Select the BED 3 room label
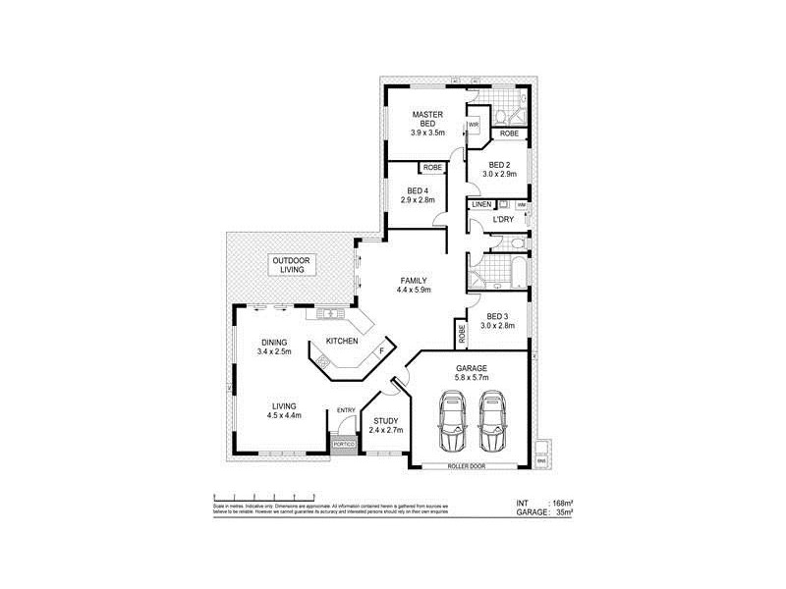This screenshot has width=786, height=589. tap(498, 316)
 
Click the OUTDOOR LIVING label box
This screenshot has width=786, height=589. tap(290, 265)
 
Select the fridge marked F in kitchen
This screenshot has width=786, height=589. tap(381, 349)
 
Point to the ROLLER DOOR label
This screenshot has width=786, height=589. tap(466, 465)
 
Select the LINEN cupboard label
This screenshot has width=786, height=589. tap(480, 204)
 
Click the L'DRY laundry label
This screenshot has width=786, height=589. tap(503, 219)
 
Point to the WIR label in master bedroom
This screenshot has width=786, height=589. tap(473, 125)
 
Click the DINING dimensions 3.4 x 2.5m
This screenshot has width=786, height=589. tap(274, 350)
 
